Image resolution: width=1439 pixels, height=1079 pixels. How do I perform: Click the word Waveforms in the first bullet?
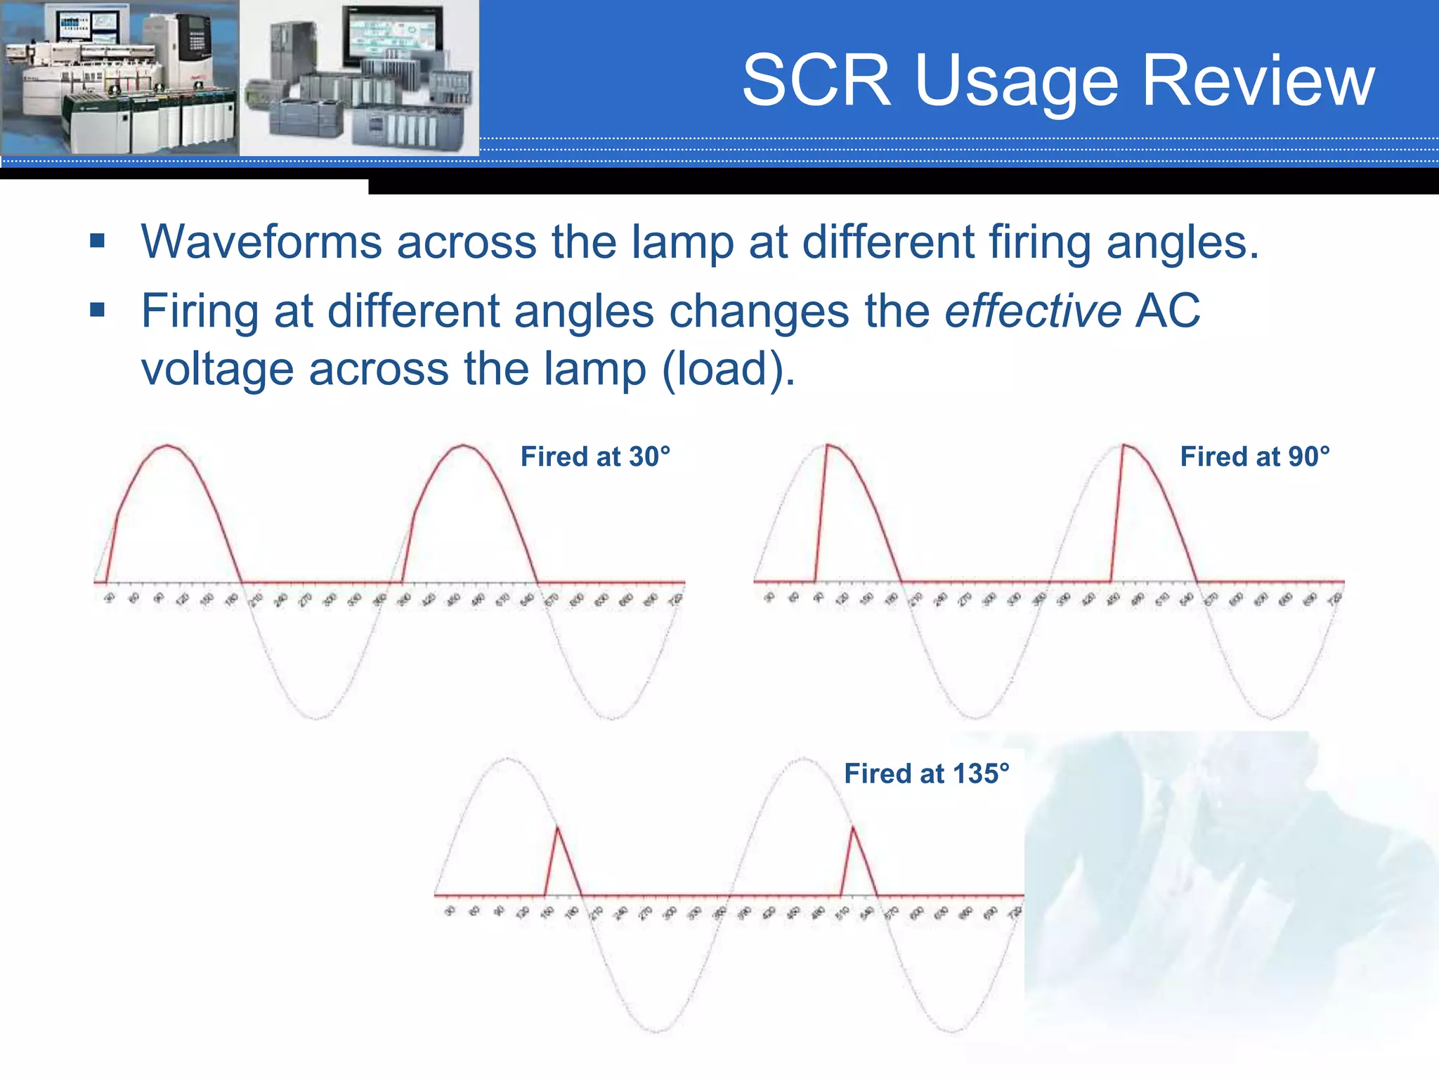[261, 242]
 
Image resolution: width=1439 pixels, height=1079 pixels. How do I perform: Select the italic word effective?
[1033, 311]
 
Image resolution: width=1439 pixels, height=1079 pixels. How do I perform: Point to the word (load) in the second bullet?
[729, 369]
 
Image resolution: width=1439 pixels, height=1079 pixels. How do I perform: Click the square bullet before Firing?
[97, 310]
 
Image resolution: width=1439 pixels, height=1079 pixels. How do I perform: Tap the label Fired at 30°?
[595, 457]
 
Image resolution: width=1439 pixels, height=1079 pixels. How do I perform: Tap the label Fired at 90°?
[1255, 457]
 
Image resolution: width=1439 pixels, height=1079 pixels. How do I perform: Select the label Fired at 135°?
[927, 773]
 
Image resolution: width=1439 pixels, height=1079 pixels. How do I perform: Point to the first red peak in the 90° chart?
[828, 446]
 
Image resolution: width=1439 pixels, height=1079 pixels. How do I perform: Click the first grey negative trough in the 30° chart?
[315, 717]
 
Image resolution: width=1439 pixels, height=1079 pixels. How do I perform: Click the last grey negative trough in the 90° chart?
[1271, 717]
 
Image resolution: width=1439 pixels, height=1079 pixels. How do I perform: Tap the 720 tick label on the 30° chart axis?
[675, 599]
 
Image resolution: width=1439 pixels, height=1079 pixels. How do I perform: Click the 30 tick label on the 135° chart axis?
[450, 911]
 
